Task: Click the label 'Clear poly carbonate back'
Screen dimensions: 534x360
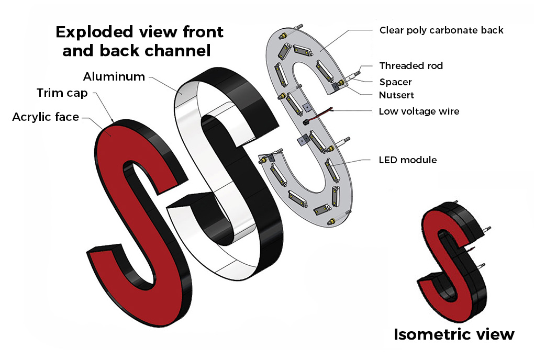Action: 441,30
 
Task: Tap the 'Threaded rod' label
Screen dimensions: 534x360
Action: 411,66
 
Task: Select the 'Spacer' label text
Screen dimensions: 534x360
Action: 395,82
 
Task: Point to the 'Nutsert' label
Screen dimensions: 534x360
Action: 396,95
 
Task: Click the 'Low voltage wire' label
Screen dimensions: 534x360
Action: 419,111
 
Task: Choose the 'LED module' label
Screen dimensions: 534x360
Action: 408,160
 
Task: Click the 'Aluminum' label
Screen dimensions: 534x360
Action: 114,76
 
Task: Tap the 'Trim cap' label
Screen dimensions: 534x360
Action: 62,93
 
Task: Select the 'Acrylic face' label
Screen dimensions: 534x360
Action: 46,117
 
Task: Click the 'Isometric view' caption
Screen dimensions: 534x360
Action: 454,334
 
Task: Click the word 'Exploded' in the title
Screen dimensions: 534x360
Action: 94,32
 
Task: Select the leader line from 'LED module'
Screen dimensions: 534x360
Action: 351,162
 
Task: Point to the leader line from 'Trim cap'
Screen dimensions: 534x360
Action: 104,107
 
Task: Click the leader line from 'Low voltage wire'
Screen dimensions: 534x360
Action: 352,110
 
